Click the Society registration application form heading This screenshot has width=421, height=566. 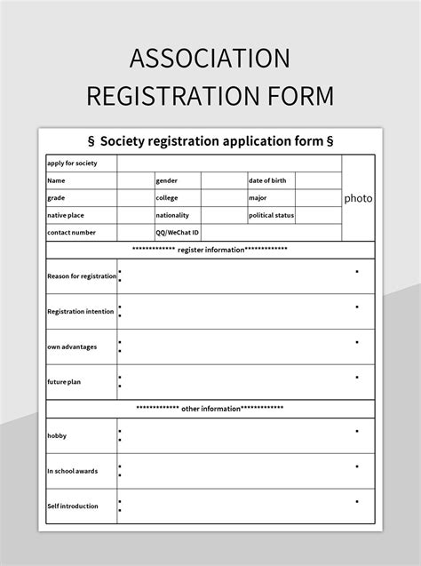[210, 140]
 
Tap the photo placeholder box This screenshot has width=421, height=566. [358, 198]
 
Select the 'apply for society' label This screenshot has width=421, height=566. [72, 163]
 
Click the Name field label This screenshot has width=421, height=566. [56, 180]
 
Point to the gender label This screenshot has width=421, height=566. [166, 180]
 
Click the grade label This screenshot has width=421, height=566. [57, 198]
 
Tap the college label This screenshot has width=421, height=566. [167, 198]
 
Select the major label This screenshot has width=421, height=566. [258, 198]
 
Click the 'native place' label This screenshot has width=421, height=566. [65, 215]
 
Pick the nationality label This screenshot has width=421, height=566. [172, 215]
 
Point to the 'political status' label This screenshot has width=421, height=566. [272, 215]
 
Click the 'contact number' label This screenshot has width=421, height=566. [71, 232]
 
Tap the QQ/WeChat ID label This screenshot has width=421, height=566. [176, 232]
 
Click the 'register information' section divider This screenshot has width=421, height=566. [210, 250]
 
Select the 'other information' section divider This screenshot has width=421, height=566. [210, 409]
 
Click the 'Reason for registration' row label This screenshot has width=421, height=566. [82, 276]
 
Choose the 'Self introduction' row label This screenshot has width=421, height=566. [73, 506]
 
